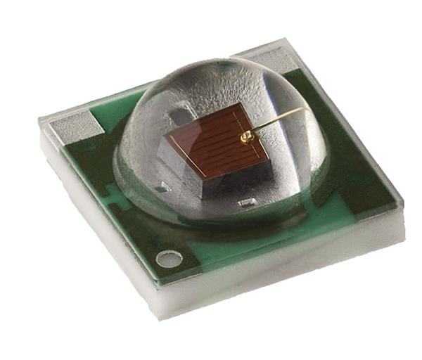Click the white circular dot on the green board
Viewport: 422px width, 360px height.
click(x=169, y=259)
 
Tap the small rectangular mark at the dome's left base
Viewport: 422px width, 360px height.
click(x=162, y=187)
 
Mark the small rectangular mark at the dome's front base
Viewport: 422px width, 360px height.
click(x=245, y=204)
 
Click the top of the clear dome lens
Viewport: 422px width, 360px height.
click(x=225, y=67)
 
